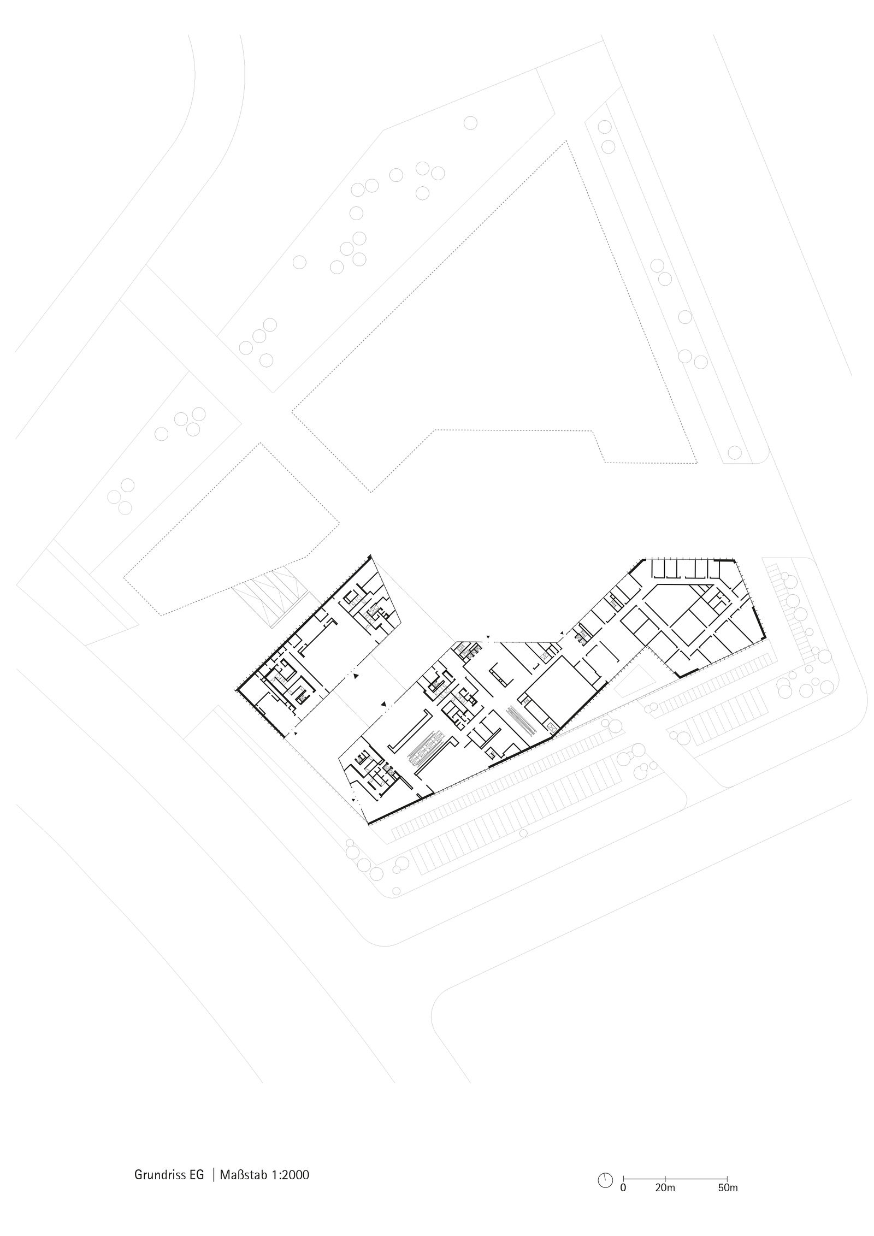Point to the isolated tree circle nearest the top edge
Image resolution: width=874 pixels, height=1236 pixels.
471,123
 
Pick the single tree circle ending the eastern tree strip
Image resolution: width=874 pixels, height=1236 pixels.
735,453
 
